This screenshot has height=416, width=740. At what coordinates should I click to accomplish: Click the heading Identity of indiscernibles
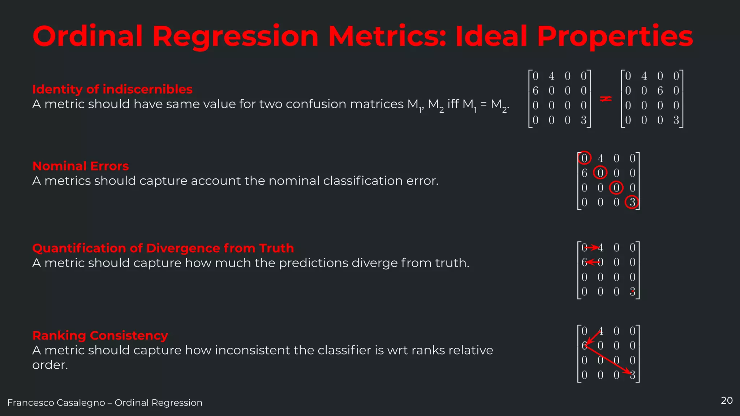click(112, 89)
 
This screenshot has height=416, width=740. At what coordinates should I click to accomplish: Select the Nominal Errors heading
click(81, 166)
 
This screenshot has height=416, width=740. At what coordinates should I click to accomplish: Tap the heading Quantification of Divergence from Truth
click(163, 248)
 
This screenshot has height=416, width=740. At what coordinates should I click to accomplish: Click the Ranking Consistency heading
click(100, 335)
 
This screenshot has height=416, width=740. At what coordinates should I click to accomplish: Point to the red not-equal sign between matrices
click(606, 98)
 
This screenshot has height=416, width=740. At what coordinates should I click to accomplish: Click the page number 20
click(726, 400)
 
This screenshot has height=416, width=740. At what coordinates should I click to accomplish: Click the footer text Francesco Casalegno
click(56, 403)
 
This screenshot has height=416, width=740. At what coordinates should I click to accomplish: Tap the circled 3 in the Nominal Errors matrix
click(632, 202)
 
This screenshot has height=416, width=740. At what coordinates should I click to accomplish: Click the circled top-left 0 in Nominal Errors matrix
click(584, 158)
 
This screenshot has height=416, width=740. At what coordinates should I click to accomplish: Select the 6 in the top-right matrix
click(660, 91)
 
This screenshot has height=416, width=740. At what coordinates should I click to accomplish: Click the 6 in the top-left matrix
click(535, 91)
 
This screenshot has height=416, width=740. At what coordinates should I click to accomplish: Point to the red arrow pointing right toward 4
click(592, 248)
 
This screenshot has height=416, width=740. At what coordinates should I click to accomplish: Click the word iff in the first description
click(453, 104)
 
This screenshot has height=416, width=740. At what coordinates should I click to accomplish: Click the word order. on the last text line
click(50, 365)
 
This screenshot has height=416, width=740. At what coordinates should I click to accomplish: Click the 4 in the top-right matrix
click(644, 76)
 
